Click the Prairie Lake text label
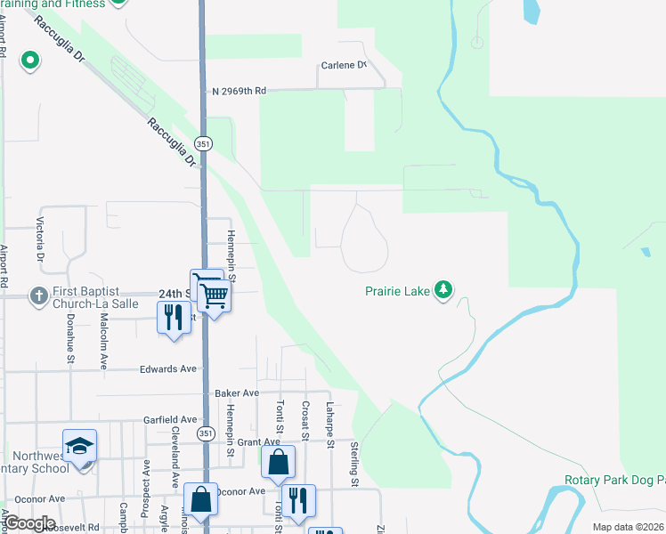397,290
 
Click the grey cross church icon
38,295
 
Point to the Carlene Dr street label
343,65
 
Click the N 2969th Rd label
240,91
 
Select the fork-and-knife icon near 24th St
173,318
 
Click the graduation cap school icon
79,446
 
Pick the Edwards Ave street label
168,368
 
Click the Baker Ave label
236,392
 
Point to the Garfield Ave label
170,419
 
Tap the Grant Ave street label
259,441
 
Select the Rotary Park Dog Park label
614,480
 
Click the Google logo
30,523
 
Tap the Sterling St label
354,465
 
